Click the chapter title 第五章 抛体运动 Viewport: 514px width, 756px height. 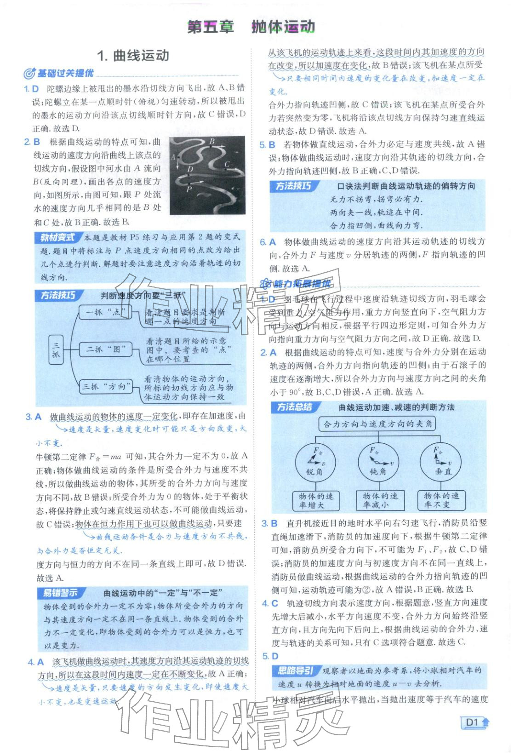251,27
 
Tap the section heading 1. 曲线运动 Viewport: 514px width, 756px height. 133,56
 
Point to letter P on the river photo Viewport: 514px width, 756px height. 188,189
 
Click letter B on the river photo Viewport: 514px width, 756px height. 212,141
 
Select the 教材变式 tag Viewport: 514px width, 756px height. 57,238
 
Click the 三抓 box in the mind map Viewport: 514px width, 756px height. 56,349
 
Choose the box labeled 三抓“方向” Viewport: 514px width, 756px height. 104,386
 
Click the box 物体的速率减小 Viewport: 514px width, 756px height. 380,500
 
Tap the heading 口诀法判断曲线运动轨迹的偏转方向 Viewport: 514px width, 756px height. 405,186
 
